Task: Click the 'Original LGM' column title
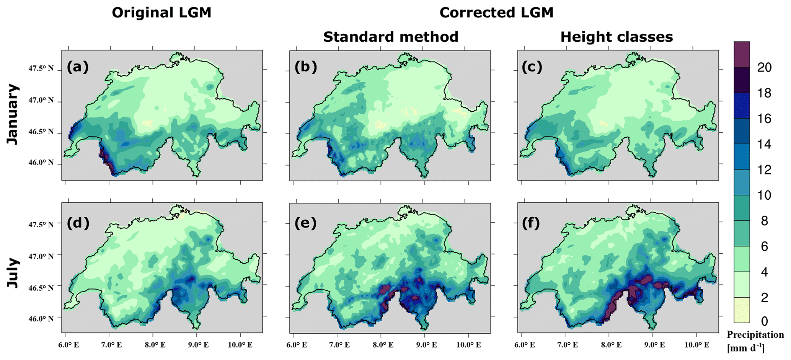(161, 13)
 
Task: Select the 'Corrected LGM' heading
(496, 13)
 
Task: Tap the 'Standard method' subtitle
(391, 37)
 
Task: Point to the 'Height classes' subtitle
(616, 37)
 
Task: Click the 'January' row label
(13, 114)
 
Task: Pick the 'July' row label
(13, 273)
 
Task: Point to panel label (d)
(78, 223)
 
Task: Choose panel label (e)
(306, 223)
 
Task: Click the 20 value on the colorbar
(764, 68)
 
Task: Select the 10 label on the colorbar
(764, 195)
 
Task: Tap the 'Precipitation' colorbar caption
(755, 335)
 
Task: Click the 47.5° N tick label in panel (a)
(41, 69)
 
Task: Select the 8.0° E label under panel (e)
(383, 345)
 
